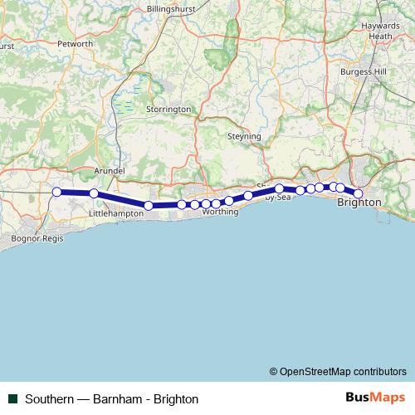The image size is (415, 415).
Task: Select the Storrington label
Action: pyautogui.click(x=168, y=110)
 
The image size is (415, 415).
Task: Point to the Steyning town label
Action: pyautogui.click(x=244, y=136)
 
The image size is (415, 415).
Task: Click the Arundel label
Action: pyautogui.click(x=110, y=170)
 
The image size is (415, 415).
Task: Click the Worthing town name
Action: pyautogui.click(x=220, y=212)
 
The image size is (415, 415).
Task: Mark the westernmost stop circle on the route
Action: pyautogui.click(x=56, y=193)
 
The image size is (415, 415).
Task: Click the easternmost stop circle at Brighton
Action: pyautogui.click(x=359, y=193)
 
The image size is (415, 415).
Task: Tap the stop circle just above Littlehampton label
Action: pyautogui.click(x=94, y=193)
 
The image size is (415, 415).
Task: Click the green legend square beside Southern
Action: pyautogui.click(x=12, y=398)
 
